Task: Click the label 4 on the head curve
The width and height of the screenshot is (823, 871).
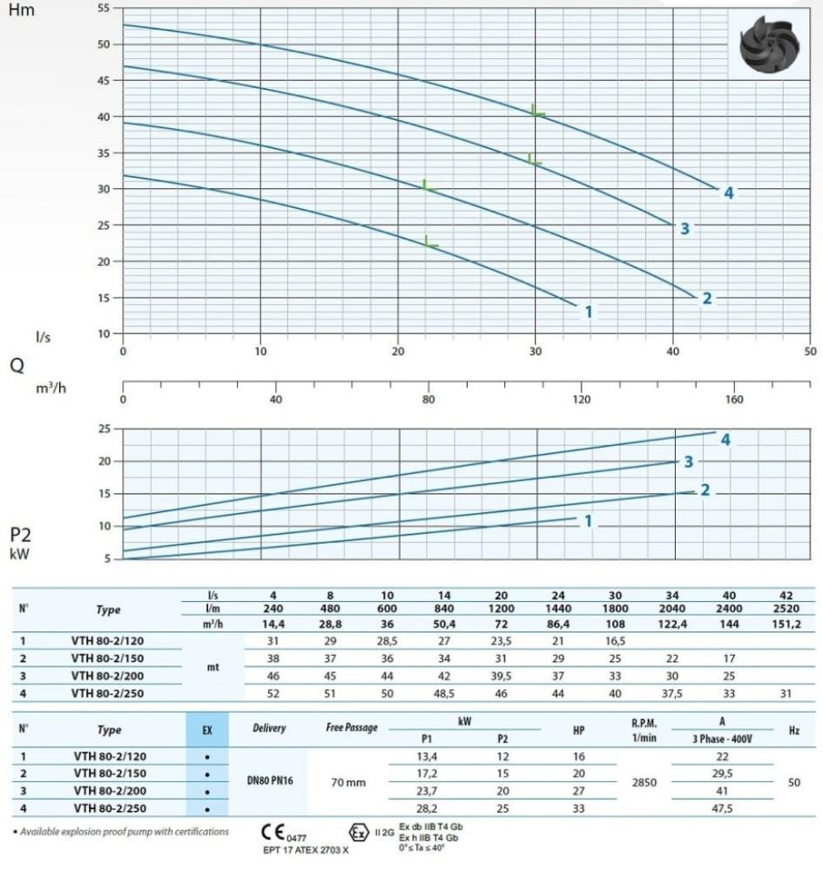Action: click(x=729, y=192)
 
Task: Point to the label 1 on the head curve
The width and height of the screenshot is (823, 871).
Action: click(x=589, y=311)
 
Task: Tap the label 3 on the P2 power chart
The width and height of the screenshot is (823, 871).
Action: click(x=688, y=461)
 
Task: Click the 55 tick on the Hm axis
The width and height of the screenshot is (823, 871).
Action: click(x=105, y=8)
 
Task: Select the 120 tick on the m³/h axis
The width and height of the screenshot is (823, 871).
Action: click(x=581, y=399)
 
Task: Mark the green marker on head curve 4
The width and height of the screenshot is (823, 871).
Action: click(x=538, y=111)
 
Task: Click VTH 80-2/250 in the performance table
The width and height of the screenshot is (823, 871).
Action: click(x=108, y=694)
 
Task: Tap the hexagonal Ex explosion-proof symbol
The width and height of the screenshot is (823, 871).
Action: click(x=357, y=830)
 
